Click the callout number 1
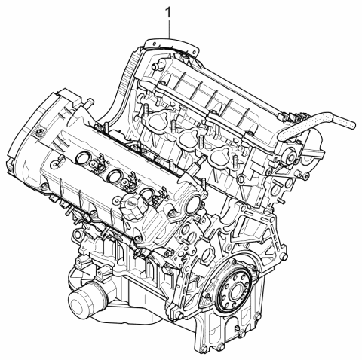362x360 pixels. click(168, 13)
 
